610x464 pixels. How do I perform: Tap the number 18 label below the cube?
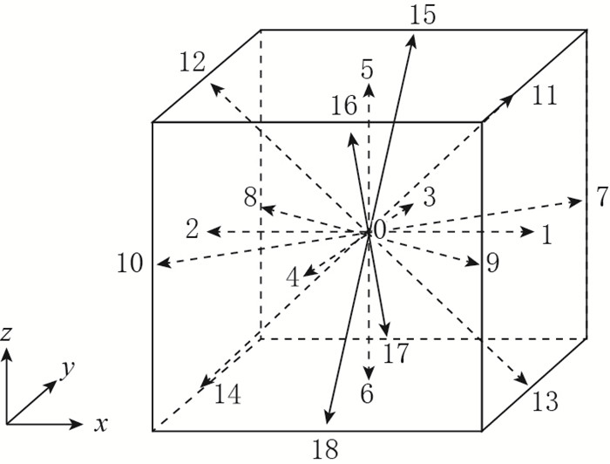pos(325,449)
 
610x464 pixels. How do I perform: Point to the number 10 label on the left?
pos(131,263)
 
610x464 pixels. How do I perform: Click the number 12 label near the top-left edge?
pos(193,63)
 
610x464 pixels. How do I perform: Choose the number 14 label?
pos(228,395)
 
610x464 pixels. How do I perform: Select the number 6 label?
pos(367,395)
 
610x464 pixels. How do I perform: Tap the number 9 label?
pos(492,263)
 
